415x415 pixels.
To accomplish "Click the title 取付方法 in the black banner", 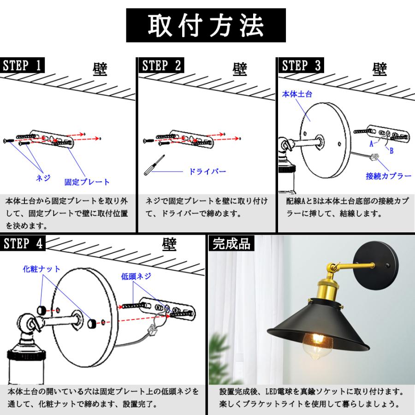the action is (206, 25).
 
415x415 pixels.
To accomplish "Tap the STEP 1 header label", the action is (22, 65).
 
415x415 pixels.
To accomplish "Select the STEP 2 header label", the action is (161, 65).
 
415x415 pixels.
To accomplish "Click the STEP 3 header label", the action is (301, 65).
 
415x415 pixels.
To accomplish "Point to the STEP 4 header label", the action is (23, 243).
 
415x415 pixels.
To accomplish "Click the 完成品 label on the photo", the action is (231, 243).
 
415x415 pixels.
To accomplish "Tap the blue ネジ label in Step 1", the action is (43, 178).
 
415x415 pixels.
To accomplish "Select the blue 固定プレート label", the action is (87, 182).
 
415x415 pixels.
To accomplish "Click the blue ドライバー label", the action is (207, 171).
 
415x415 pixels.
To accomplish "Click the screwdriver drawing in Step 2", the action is (154, 165).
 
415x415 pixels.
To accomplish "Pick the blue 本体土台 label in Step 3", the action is (297, 94).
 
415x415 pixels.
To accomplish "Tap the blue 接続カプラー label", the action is (389, 176).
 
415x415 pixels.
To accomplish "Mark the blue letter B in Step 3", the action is (391, 151).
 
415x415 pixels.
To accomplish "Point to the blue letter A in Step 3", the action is (371, 144).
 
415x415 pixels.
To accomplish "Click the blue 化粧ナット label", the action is (41, 269).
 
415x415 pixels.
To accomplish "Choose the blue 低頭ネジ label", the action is (136, 276).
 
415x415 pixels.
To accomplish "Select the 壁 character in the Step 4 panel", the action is (169, 244).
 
